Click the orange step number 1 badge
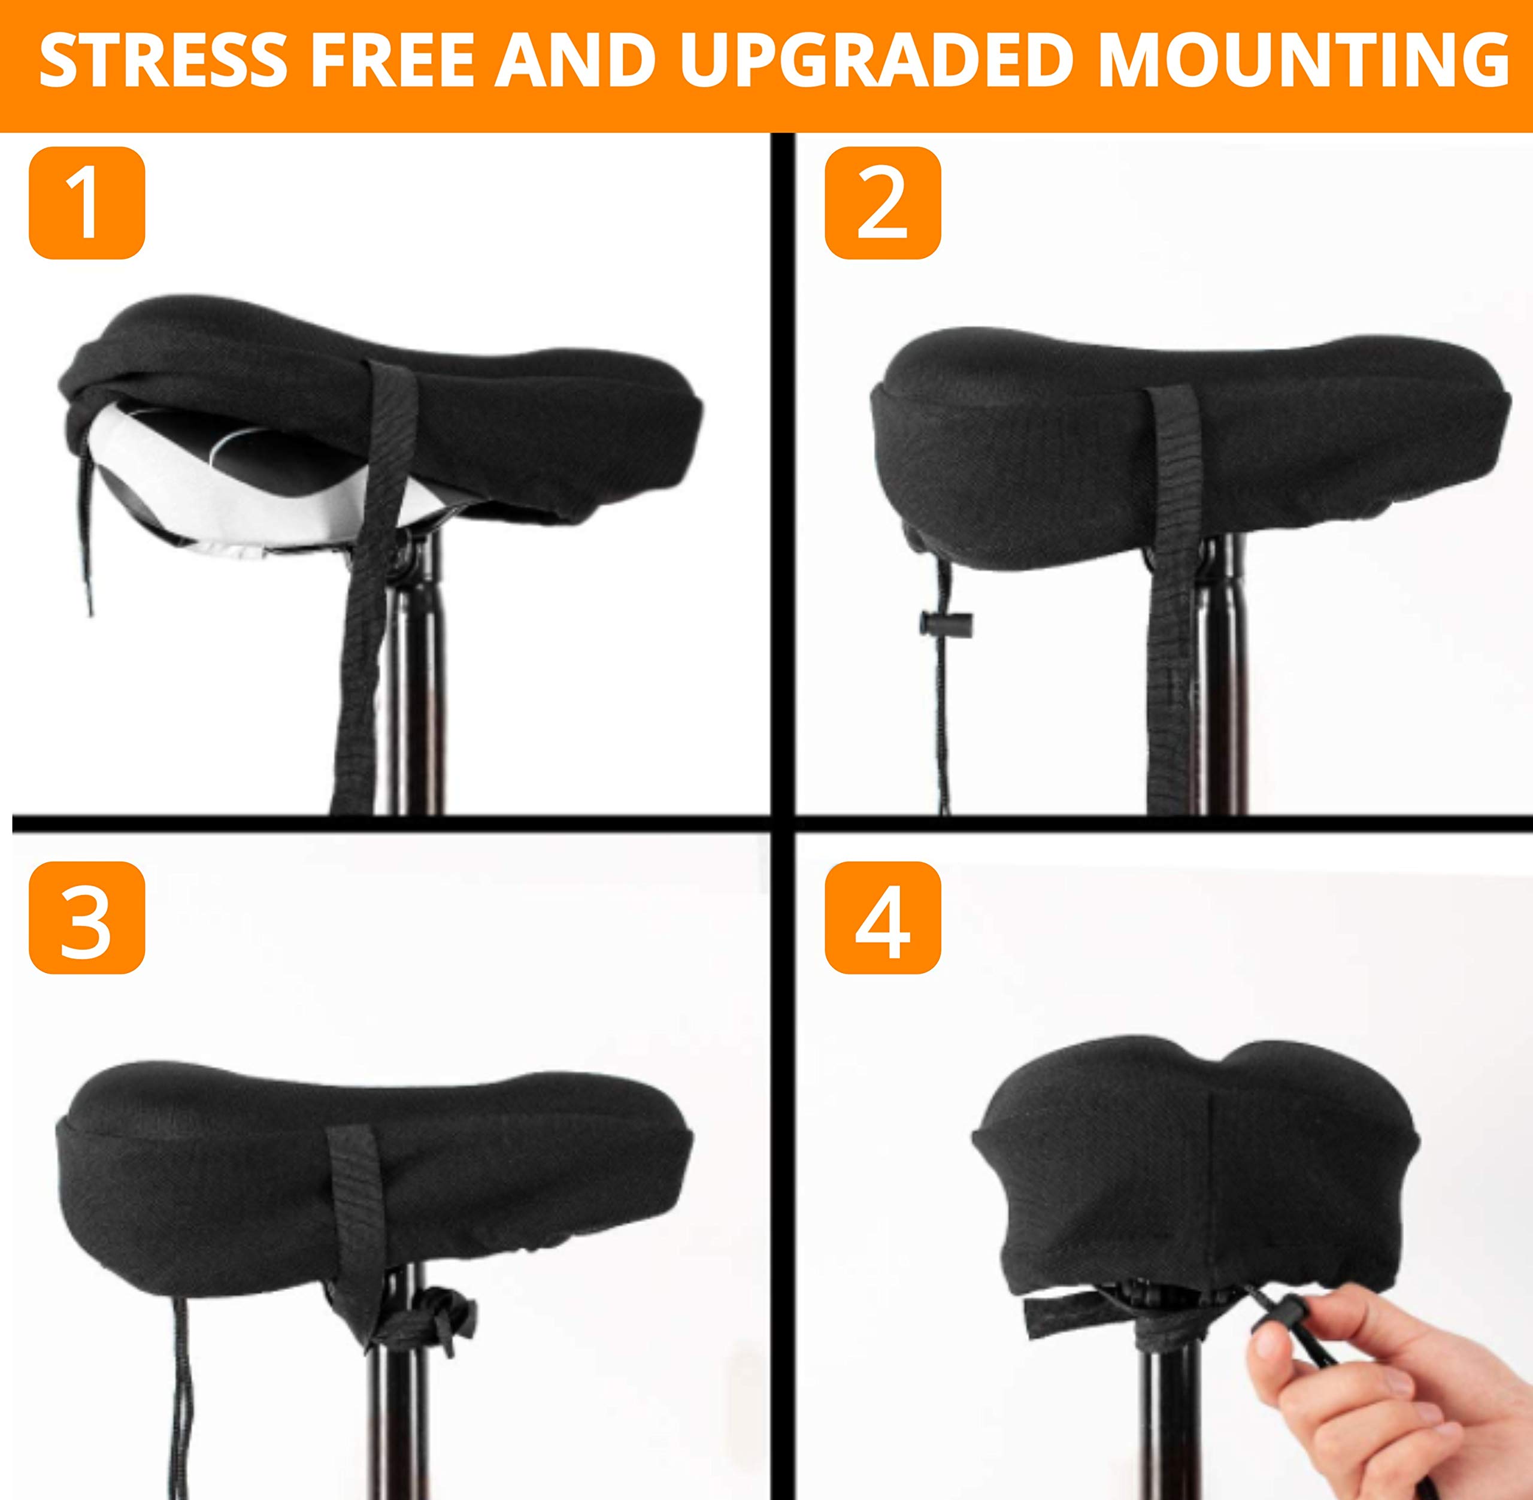click(87, 202)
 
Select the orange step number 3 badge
click(87, 918)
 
